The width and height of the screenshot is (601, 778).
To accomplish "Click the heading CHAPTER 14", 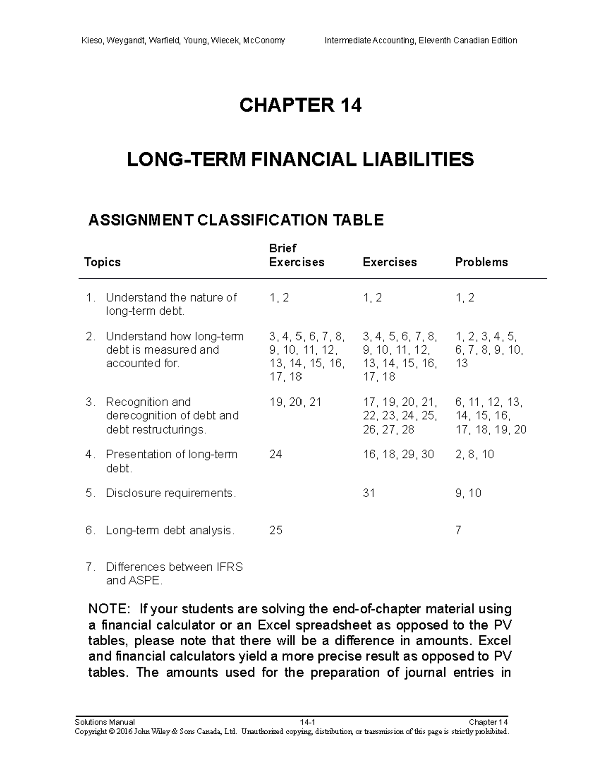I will [300, 105].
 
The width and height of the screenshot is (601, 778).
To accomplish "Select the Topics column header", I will [103, 262].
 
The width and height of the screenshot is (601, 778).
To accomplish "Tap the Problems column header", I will [481, 262].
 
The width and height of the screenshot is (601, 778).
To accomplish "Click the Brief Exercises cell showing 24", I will [276, 454].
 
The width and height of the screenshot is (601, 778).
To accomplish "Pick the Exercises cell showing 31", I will [369, 493].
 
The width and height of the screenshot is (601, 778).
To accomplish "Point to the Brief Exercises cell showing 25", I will [276, 530].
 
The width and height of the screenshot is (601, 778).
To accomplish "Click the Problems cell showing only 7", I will [458, 530].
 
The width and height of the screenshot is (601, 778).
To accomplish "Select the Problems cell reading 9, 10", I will [468, 493].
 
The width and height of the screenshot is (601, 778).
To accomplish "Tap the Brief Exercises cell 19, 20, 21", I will [295, 402].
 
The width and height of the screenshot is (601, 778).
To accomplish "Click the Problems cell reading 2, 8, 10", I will [475, 454].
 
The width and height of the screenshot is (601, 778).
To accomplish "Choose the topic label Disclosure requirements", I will [170, 493].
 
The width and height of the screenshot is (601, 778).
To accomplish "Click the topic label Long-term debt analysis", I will [170, 530].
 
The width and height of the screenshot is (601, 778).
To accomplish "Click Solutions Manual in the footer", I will [104, 722].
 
